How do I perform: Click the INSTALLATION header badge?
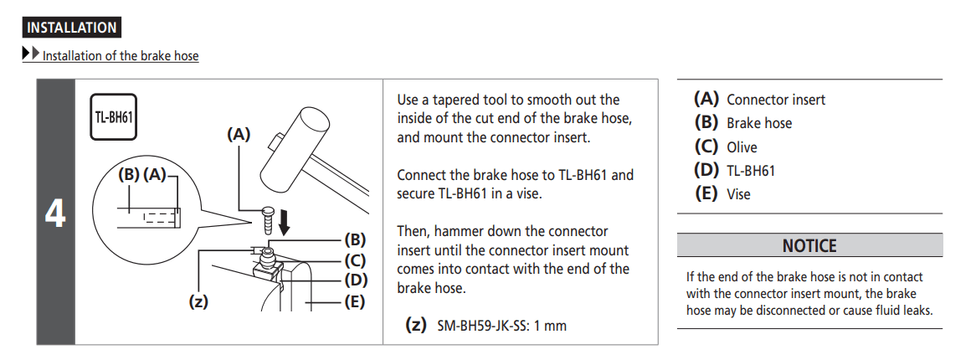coord(72,28)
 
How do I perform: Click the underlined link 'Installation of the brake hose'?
coord(121,57)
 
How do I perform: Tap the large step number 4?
coord(55,214)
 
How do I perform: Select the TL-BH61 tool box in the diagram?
coord(112,116)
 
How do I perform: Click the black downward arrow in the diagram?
coord(285,223)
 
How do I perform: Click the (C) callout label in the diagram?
coord(355,260)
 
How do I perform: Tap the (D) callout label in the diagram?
coord(355,280)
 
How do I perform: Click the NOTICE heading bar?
coord(809,246)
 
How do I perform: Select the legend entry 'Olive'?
coord(742,147)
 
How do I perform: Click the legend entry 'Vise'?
coord(738,194)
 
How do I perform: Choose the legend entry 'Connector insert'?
coord(775,100)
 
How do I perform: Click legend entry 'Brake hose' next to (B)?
coord(758,123)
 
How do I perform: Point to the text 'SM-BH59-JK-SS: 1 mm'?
coord(501,326)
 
